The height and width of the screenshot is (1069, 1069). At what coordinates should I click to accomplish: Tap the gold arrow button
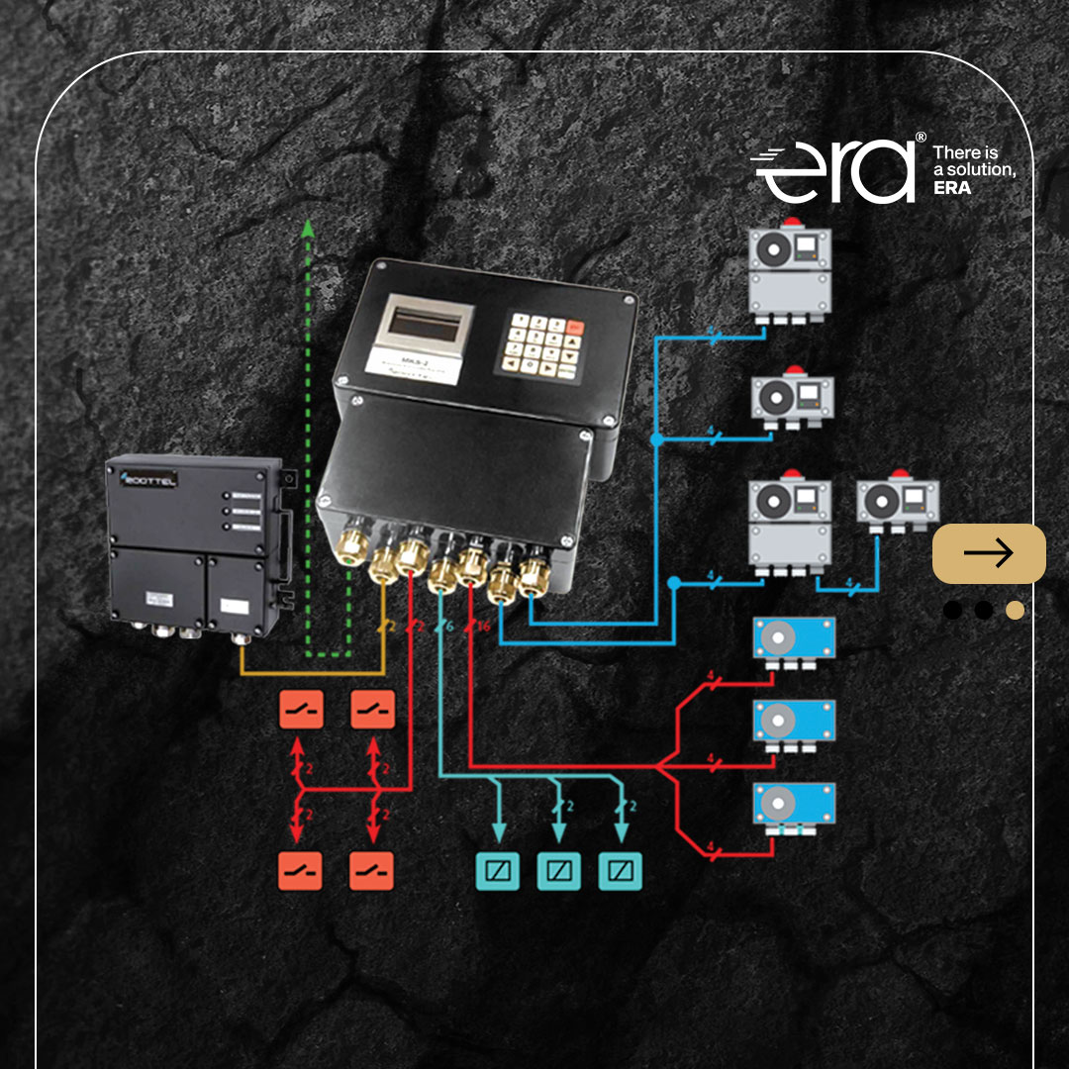[x=989, y=552]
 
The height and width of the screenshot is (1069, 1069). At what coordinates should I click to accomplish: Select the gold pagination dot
[x=1015, y=610]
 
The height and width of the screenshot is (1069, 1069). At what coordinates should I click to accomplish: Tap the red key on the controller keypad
[x=574, y=327]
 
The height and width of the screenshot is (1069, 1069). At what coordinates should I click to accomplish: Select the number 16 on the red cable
[x=483, y=628]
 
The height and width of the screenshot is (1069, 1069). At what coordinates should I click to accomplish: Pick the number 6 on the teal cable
[x=449, y=628]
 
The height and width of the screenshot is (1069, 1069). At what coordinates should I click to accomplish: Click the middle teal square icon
[x=558, y=871]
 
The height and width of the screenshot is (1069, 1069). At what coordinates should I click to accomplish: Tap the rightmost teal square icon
[x=621, y=871]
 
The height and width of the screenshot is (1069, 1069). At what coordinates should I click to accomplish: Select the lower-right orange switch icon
[x=372, y=871]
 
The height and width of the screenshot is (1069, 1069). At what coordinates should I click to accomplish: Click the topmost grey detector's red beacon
[x=790, y=221]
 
